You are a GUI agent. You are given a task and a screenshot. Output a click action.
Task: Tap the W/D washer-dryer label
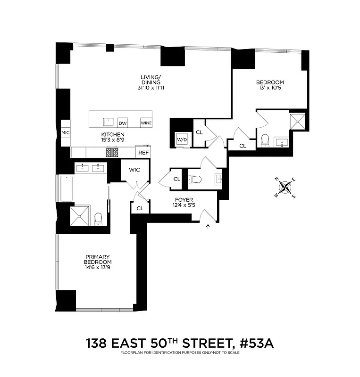click(182, 139)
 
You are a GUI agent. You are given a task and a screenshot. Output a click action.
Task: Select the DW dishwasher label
click(123, 123)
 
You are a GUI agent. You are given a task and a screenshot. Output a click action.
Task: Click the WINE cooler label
click(146, 123)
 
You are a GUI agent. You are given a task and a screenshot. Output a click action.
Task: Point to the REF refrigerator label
click(142, 153)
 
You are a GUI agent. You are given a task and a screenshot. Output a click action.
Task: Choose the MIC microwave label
click(66, 132)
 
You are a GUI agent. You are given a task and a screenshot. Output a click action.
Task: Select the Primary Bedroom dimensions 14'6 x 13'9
click(98, 268)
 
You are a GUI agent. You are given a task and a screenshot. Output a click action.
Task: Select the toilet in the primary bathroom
click(99, 218)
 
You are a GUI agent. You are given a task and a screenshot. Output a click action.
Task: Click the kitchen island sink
click(109, 122)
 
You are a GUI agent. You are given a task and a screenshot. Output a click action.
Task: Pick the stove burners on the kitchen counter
click(112, 152)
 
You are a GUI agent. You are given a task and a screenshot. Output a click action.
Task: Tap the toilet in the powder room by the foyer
click(195, 179)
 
